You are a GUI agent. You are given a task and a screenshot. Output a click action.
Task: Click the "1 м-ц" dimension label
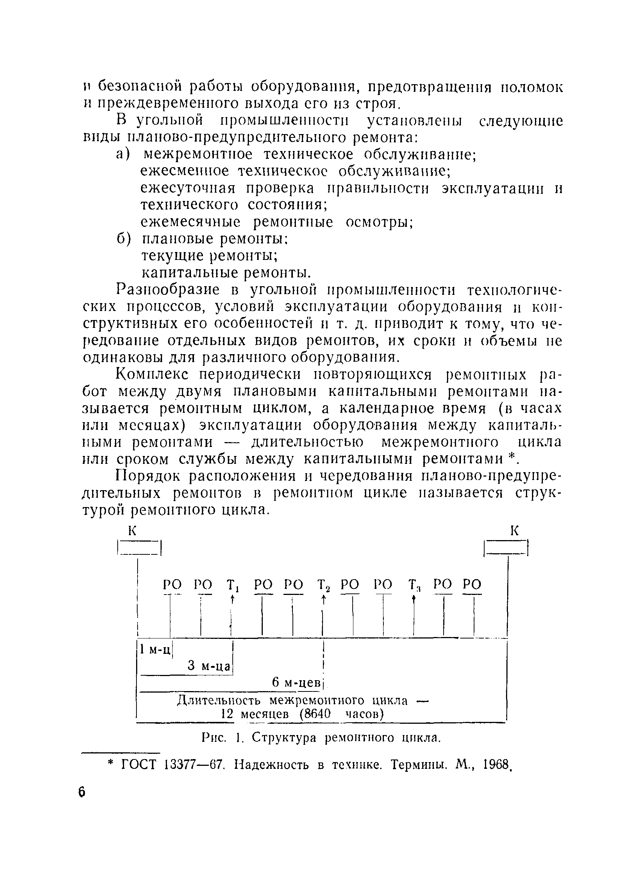tap(155, 649)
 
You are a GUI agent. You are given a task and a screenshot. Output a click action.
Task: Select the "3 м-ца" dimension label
tap(210, 666)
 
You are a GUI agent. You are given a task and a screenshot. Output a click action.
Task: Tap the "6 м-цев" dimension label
tap(296, 682)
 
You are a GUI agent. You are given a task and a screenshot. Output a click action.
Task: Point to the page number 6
tap(82, 792)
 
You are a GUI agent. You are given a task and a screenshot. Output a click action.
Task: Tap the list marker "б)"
tap(124, 239)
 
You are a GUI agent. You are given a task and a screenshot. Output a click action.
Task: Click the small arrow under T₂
tap(324, 601)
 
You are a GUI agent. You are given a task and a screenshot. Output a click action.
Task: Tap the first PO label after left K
tap(172, 585)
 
